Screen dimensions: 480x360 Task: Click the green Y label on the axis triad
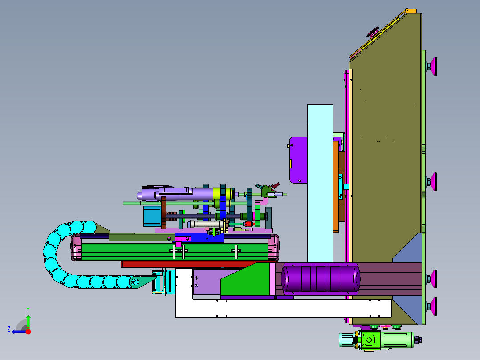[28, 310]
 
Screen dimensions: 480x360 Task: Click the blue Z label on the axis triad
[9, 329]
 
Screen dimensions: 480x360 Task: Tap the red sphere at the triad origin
[28, 331]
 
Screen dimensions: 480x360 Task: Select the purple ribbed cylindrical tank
[321, 279]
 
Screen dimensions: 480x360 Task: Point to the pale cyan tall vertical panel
[320, 183]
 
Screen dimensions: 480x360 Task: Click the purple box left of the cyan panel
[298, 160]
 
